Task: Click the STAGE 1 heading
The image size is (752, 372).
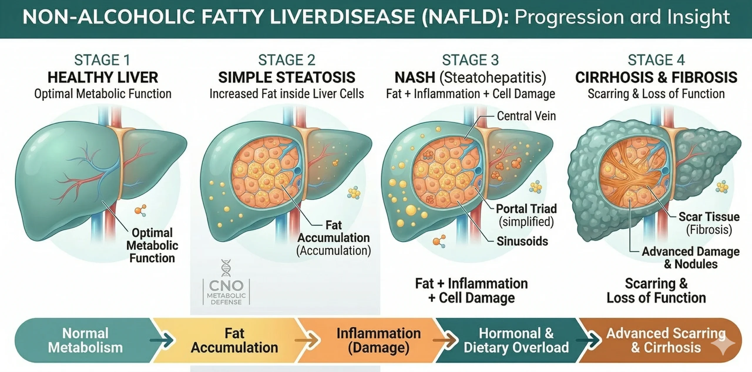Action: pos(102,60)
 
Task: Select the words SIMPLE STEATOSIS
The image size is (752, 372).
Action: pos(286,78)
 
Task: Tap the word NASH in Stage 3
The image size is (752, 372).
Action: pos(415,78)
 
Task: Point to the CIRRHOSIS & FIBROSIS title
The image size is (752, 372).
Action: pos(656,78)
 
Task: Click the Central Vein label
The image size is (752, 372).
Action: pos(526,116)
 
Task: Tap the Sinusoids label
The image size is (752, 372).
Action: pos(522,241)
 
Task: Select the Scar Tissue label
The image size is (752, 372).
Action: pos(709,217)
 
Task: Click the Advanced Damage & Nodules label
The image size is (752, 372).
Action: pos(690,258)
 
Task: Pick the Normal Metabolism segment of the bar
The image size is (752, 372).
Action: pos(85,341)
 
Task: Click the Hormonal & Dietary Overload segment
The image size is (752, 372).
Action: pos(516,341)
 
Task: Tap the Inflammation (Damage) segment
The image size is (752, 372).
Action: pos(378,341)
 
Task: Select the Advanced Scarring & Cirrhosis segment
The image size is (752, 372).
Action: pos(666,341)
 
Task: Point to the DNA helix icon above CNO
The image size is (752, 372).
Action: pos(226,268)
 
